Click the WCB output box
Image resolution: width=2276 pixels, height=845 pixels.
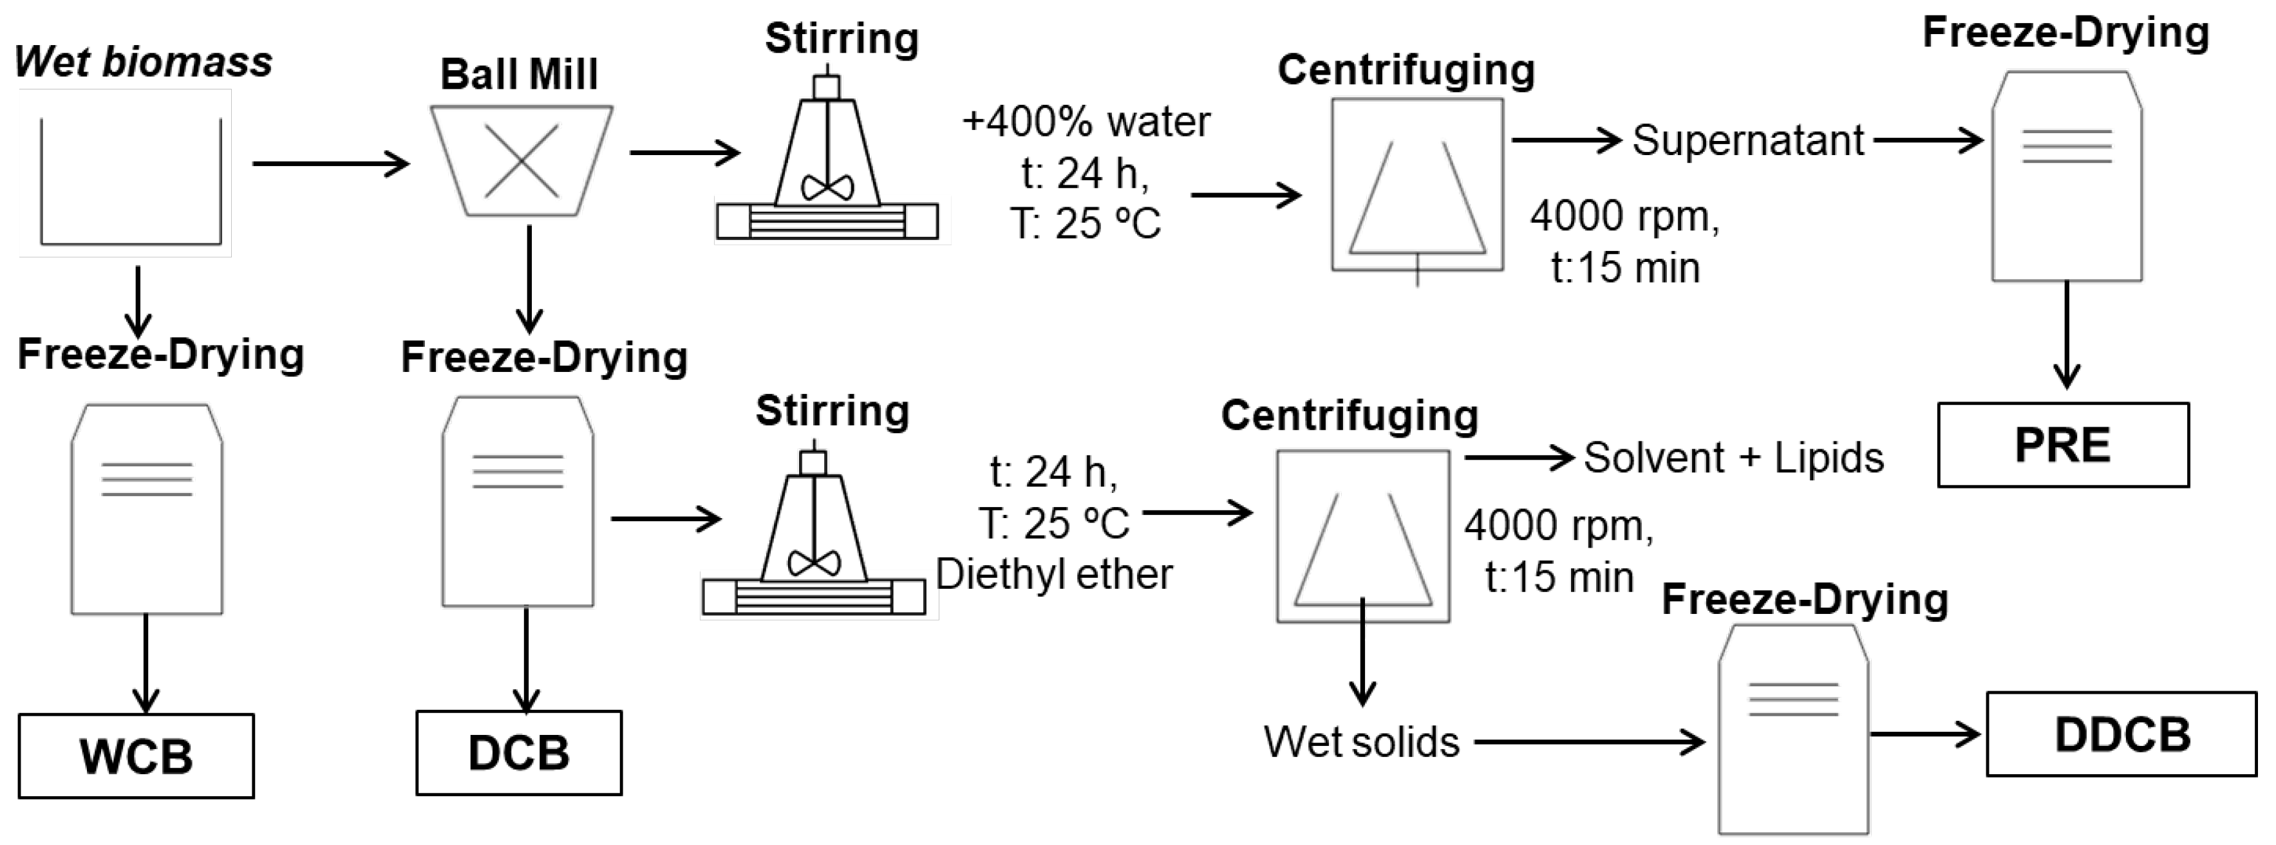pyautogui.click(x=136, y=756)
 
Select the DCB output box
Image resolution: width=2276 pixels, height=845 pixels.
pyautogui.click(x=519, y=752)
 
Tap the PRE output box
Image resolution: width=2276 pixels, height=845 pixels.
pyautogui.click(x=2063, y=444)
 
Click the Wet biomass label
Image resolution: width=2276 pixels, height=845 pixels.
pyautogui.click(x=143, y=62)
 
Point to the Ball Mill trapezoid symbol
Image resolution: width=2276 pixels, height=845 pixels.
pyautogui.click(x=522, y=161)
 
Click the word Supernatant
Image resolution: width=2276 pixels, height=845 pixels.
pyautogui.click(x=1747, y=140)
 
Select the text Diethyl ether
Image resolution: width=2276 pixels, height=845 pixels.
pyautogui.click(x=1053, y=574)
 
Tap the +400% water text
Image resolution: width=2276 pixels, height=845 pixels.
pyautogui.click(x=1086, y=121)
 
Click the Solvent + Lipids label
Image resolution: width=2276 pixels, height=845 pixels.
pyautogui.click(x=1733, y=458)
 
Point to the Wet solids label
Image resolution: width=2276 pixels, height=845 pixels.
pyautogui.click(x=1360, y=741)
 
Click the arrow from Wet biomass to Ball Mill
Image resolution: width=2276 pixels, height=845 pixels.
pyautogui.click(x=330, y=163)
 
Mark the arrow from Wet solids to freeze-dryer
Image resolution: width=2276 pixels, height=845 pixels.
pyautogui.click(x=1588, y=741)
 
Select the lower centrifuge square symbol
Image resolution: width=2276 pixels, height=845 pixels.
pyautogui.click(x=1362, y=537)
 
